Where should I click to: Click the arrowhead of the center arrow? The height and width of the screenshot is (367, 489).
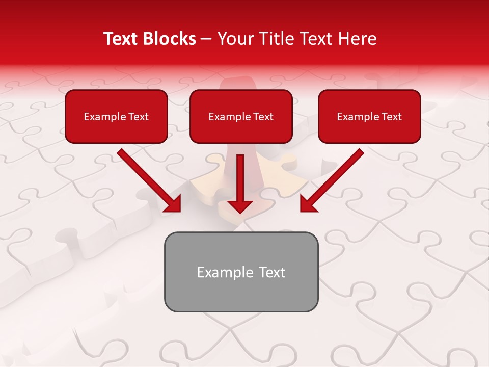click(240, 205)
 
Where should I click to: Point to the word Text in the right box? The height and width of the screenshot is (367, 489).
click(391, 117)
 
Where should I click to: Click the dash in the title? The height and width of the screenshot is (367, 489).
click(206, 39)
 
